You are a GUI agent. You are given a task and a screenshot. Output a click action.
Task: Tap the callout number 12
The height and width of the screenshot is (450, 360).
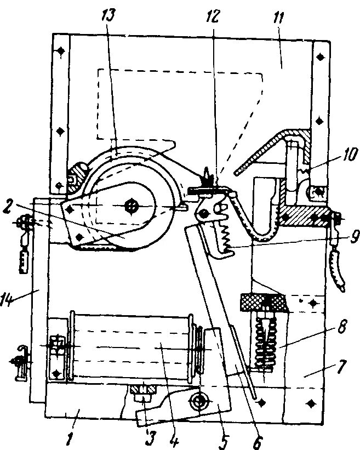point(213,16)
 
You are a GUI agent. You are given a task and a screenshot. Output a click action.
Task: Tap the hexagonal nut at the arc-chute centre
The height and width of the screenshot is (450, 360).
point(132,206)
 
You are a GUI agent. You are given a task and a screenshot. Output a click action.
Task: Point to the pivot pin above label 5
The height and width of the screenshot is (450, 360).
point(198,402)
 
